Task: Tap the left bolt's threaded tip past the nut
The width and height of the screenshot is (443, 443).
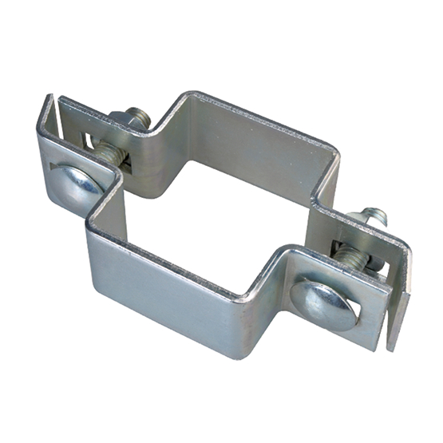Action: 142,117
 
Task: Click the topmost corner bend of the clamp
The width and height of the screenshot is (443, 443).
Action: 192,97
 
